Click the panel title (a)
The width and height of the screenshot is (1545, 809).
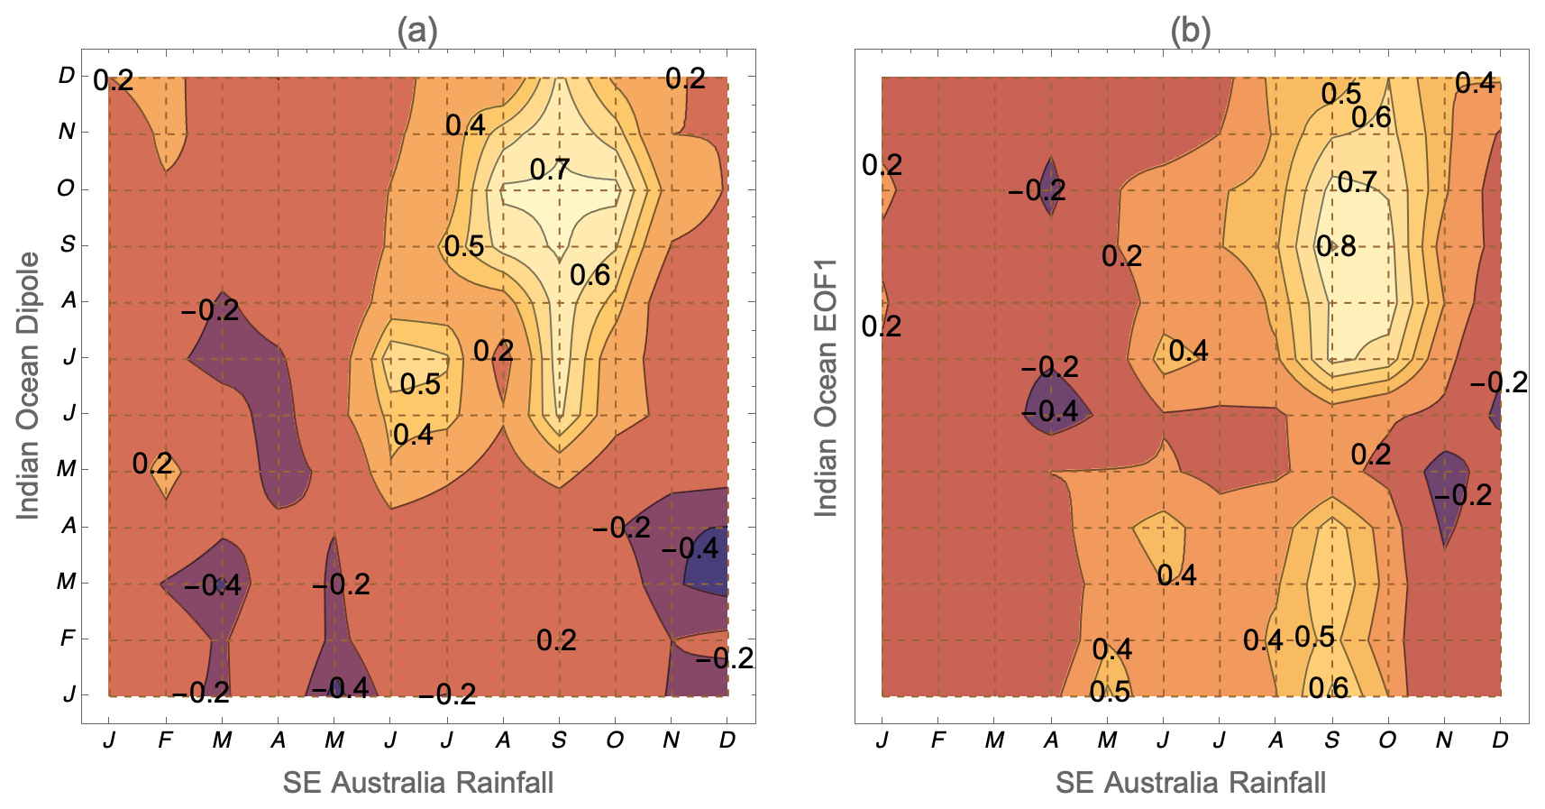point(417,32)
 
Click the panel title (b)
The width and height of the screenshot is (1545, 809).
point(1190,32)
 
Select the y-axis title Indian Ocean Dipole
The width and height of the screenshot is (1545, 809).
point(29,385)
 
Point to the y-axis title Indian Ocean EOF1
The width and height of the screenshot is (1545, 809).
point(826,387)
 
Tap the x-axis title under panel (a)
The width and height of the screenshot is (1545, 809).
point(418,782)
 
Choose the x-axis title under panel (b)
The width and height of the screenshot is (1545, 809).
point(1191,782)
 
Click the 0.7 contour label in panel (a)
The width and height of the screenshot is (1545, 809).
point(550,170)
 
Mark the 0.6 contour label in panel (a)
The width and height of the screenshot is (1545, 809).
point(590,275)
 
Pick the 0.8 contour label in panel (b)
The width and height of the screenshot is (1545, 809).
point(1336,246)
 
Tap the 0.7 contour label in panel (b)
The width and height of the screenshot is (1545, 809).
point(1357,182)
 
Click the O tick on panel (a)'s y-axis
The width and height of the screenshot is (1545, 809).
point(66,188)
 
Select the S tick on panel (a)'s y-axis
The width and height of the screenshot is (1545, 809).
point(67,244)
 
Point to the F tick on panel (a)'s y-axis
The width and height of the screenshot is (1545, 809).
point(67,639)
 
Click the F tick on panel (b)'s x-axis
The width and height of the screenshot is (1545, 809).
point(937,740)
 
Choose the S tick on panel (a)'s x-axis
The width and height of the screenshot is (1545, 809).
point(559,740)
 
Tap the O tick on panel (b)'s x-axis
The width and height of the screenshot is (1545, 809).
point(1387,740)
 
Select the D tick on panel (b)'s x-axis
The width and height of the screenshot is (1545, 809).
point(1500,740)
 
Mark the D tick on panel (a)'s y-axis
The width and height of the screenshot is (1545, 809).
point(67,76)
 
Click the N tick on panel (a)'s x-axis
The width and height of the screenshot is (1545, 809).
point(671,740)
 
